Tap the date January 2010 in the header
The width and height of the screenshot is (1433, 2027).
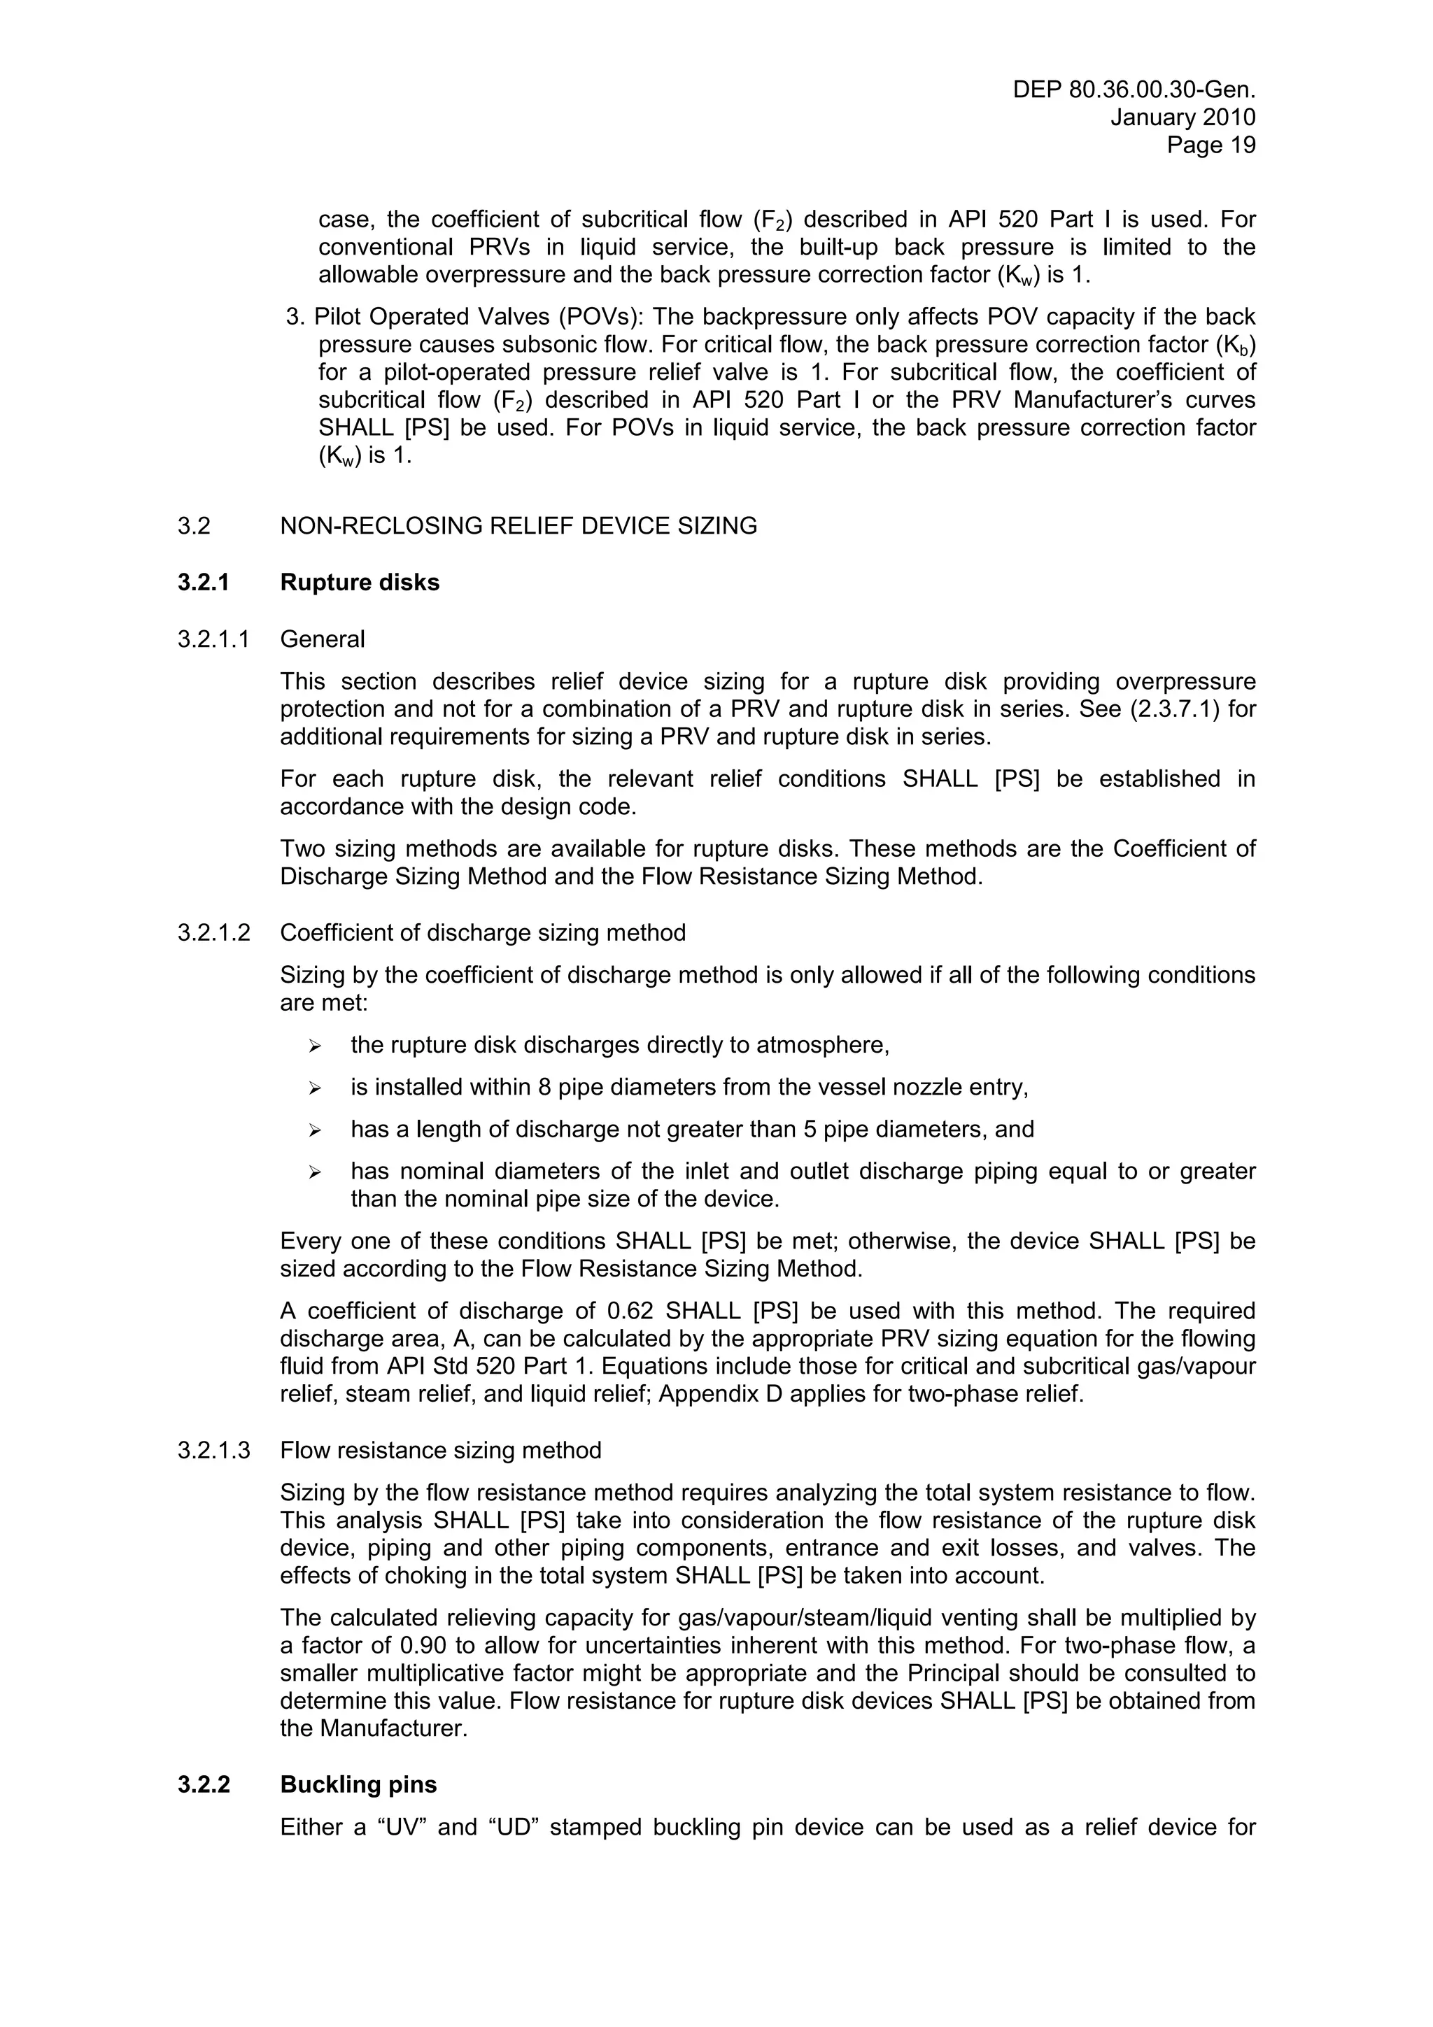pyautogui.click(x=1183, y=118)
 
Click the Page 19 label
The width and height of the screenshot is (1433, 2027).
pyautogui.click(x=1210, y=145)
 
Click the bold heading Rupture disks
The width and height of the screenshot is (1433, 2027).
pyautogui.click(x=360, y=583)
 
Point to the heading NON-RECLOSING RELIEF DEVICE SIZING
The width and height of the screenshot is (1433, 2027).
pyautogui.click(x=518, y=526)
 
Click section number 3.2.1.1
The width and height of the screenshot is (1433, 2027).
pyautogui.click(x=213, y=639)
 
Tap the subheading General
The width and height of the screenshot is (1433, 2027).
pyautogui.click(x=323, y=639)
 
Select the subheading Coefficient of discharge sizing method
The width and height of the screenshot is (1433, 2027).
pyautogui.click(x=482, y=933)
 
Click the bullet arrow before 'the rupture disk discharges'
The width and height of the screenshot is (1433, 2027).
pyautogui.click(x=313, y=1046)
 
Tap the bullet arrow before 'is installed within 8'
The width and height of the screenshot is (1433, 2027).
pyautogui.click(x=313, y=1088)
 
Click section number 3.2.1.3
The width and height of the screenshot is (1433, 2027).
pyautogui.click(x=213, y=1451)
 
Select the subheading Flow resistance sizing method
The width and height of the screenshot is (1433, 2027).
pyautogui.click(x=441, y=1451)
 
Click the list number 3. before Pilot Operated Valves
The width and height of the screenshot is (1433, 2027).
pyautogui.click(x=295, y=317)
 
